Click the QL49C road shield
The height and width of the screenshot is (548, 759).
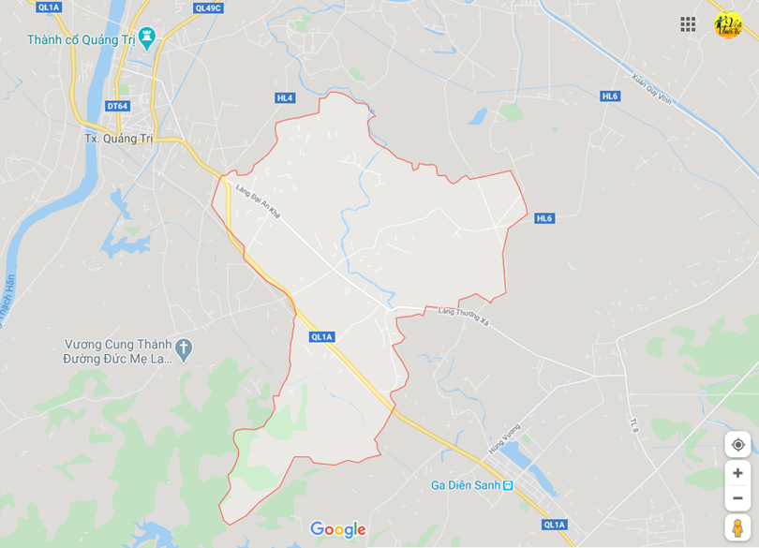pyautogui.click(x=208, y=7)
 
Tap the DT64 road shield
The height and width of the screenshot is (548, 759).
pyautogui.click(x=117, y=106)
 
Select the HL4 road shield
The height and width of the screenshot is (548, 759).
pyautogui.click(x=285, y=97)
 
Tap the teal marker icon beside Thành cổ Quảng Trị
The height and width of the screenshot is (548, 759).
pyautogui.click(x=146, y=37)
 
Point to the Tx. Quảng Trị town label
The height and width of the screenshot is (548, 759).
pyautogui.click(x=118, y=138)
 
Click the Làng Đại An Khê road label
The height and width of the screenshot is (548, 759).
pyautogui.click(x=259, y=200)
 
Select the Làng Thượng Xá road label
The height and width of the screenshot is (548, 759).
pyautogui.click(x=463, y=316)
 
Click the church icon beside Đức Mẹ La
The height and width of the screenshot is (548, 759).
pyautogui.click(x=184, y=349)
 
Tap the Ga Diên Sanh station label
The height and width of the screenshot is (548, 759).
pyautogui.click(x=465, y=485)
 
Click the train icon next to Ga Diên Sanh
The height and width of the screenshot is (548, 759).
pyautogui.click(x=508, y=485)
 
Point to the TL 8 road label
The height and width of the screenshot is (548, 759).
pyautogui.click(x=634, y=424)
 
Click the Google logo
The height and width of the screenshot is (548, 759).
pyautogui.click(x=337, y=530)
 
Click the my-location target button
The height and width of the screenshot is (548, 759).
pyautogui.click(x=737, y=444)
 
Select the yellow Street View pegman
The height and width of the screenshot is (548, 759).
pyautogui.click(x=737, y=527)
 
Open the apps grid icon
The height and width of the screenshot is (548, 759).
pyautogui.click(x=688, y=24)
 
